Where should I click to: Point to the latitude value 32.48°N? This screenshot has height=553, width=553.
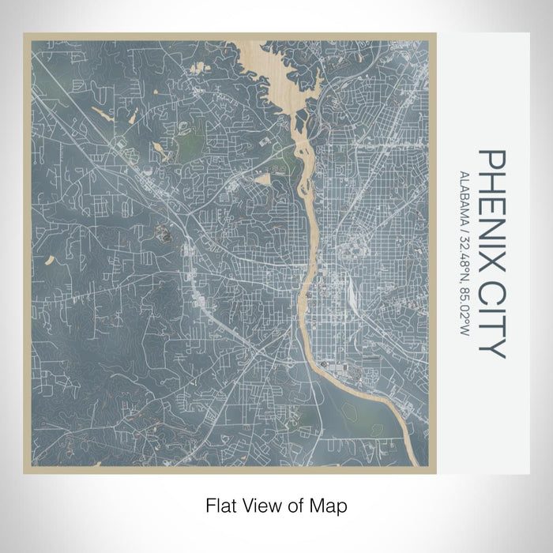coord(465,251)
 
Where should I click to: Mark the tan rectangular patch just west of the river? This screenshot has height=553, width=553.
coord(261,179)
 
